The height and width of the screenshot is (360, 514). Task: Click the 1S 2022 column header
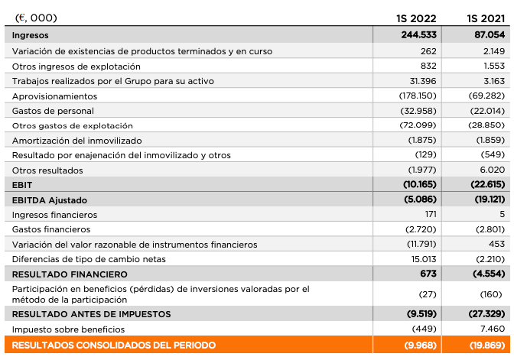coord(416,18)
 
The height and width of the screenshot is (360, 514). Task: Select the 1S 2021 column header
coord(486,18)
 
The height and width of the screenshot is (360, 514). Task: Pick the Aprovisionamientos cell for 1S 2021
coord(487,96)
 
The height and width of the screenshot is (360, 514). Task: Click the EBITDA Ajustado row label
coord(48,199)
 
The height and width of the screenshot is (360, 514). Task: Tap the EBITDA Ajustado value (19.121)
coord(487,199)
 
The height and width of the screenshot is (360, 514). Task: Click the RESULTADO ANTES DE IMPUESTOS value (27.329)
coord(487,314)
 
